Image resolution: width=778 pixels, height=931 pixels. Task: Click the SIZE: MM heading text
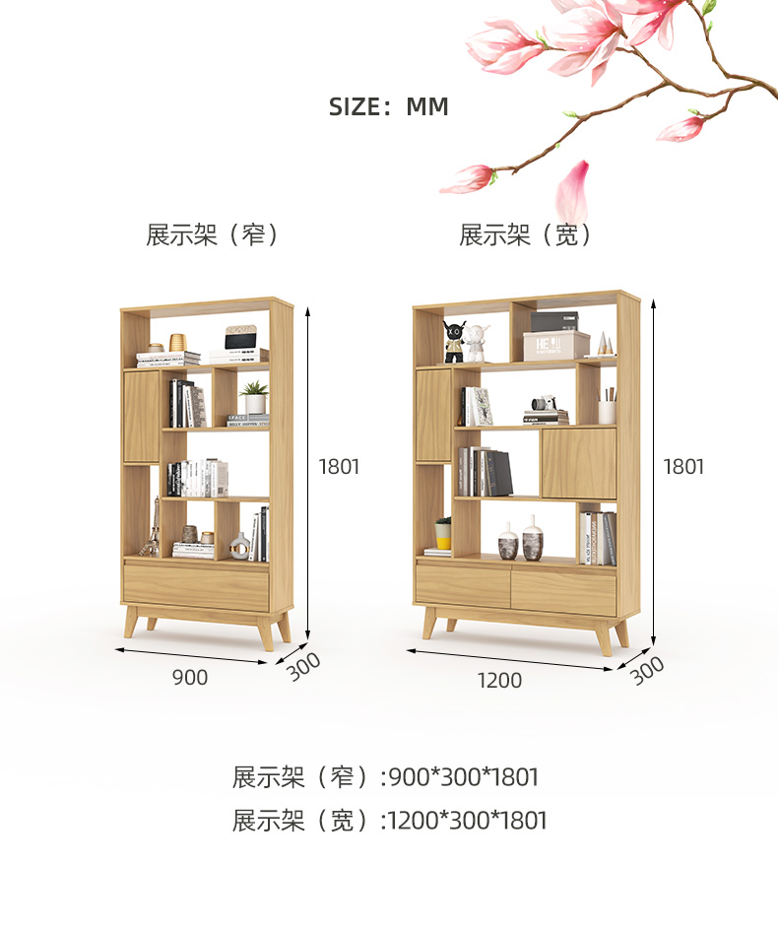tap(388, 106)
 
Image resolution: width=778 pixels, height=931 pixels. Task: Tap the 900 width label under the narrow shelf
tap(190, 678)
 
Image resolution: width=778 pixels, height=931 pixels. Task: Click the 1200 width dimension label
tap(499, 680)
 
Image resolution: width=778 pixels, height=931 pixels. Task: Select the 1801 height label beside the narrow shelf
tap(339, 467)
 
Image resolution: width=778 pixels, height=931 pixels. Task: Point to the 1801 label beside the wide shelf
tap(683, 467)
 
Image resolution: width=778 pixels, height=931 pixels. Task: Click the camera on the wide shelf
tap(544, 403)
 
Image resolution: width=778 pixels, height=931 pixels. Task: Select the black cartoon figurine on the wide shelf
tap(453, 341)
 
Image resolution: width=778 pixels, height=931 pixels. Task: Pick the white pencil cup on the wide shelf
tap(607, 410)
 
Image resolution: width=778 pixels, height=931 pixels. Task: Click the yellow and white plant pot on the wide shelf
tap(443, 533)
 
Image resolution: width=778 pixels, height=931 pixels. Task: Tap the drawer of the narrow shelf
tap(196, 587)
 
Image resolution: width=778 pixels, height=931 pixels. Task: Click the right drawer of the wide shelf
tap(563, 593)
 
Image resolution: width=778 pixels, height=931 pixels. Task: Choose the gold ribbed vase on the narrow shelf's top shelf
tap(177, 342)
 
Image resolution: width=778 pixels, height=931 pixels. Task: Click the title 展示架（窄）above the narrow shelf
tap(212, 235)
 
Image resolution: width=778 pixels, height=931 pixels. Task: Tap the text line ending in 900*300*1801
tap(386, 777)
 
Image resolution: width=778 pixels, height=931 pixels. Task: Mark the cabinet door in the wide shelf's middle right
tap(578, 462)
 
